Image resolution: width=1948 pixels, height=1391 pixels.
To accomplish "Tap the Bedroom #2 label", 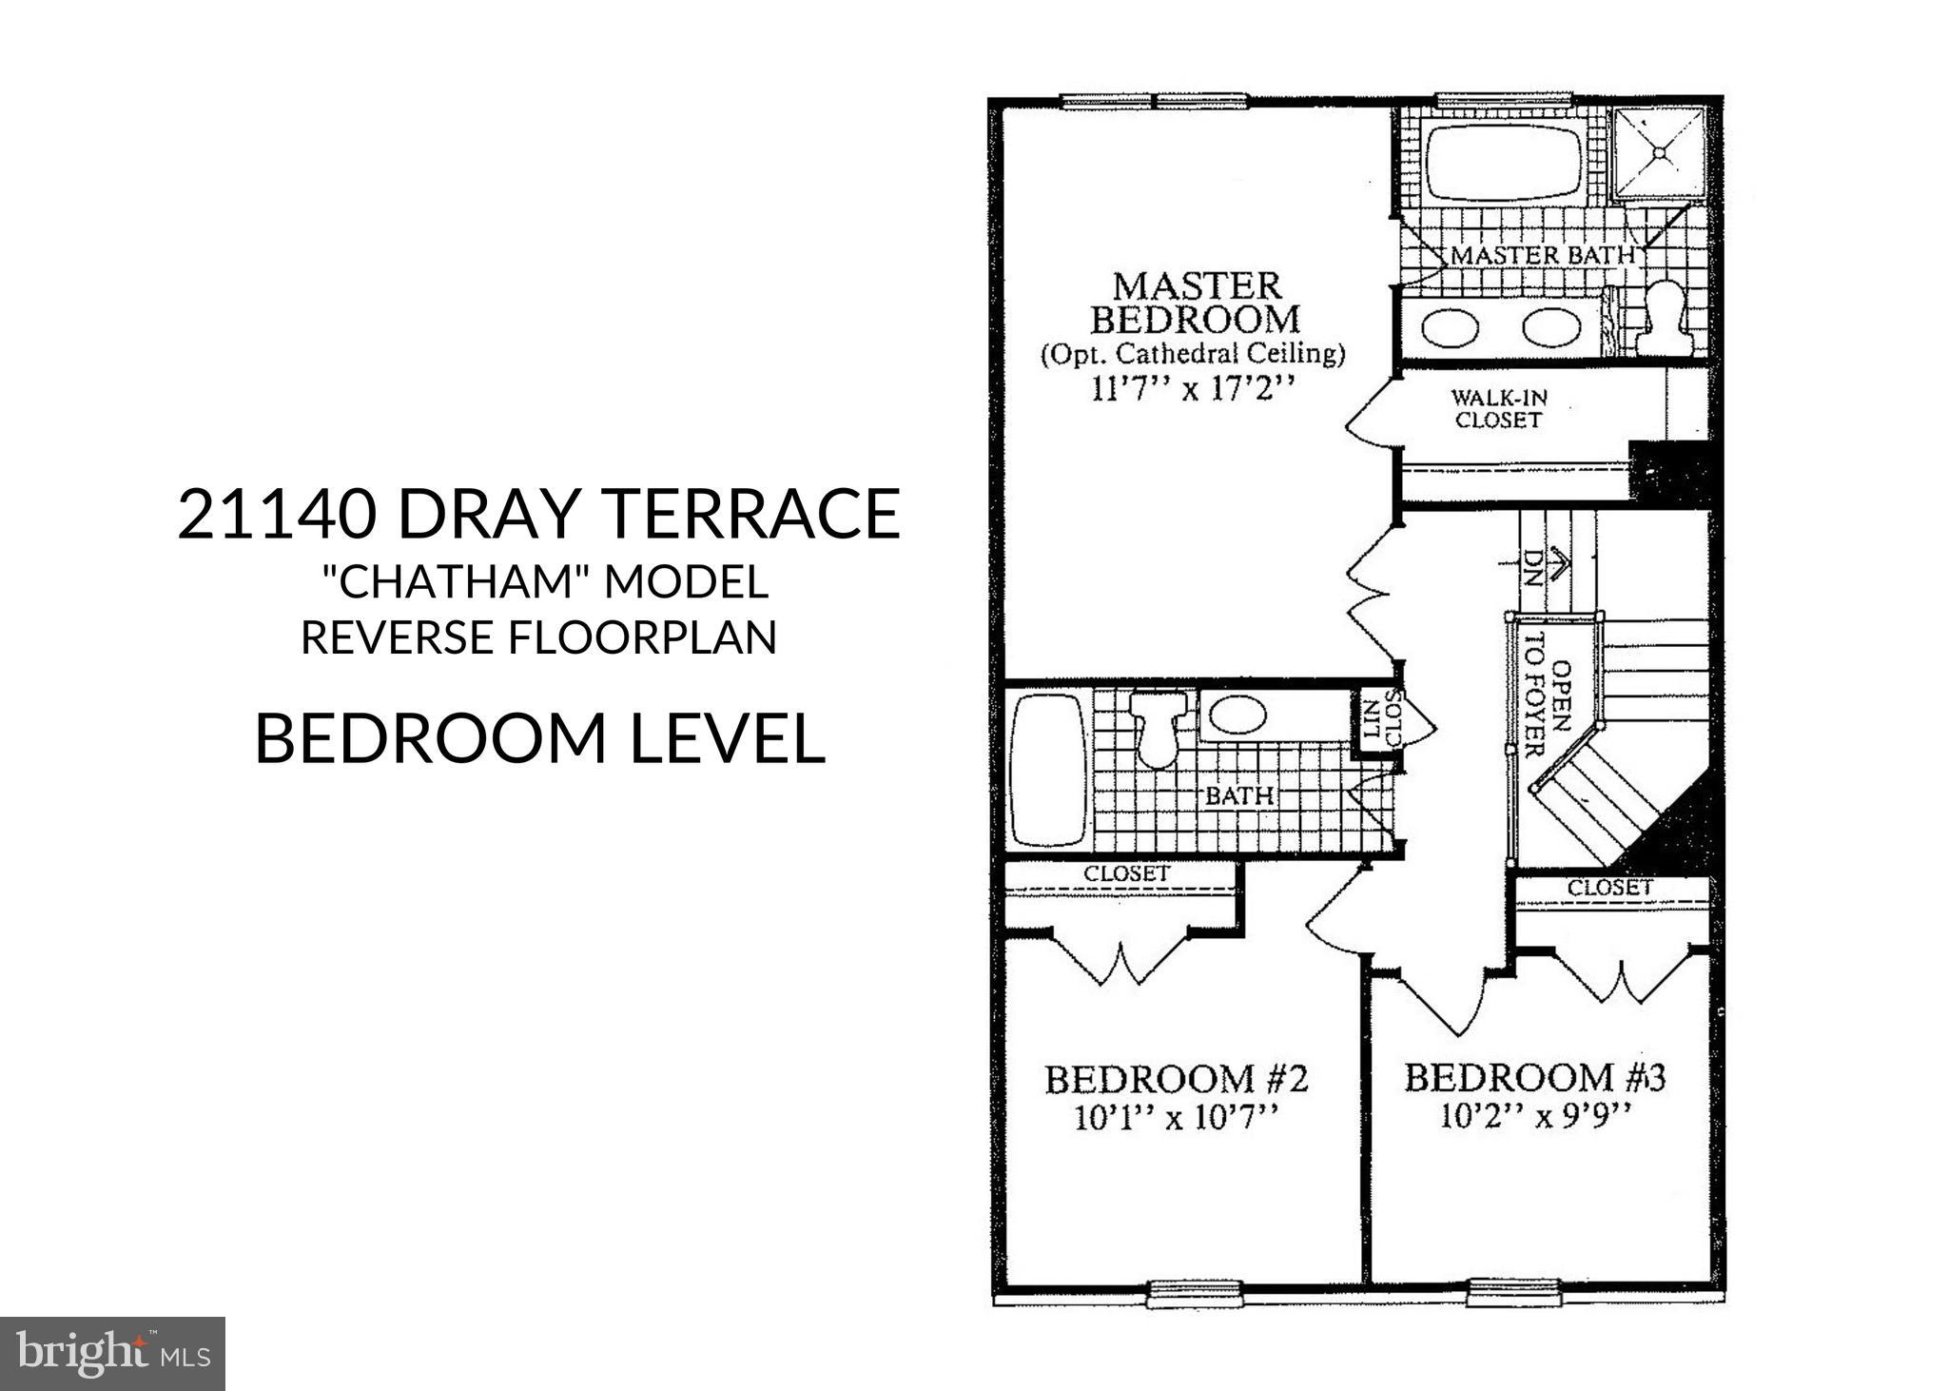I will tap(1177, 1079).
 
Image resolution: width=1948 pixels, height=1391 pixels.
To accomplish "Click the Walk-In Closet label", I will tap(1499, 408).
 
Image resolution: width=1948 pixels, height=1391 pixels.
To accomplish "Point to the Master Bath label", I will tap(1542, 255).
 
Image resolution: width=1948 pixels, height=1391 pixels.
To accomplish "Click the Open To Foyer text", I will tap(1544, 709).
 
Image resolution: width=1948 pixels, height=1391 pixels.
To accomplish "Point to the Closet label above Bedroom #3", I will tap(1610, 888).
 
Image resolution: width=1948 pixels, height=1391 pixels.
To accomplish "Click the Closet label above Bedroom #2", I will tap(1127, 872).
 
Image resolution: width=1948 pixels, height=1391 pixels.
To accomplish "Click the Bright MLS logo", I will tap(112, 1353).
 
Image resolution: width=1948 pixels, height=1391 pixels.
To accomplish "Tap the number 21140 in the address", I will tap(277, 514).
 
